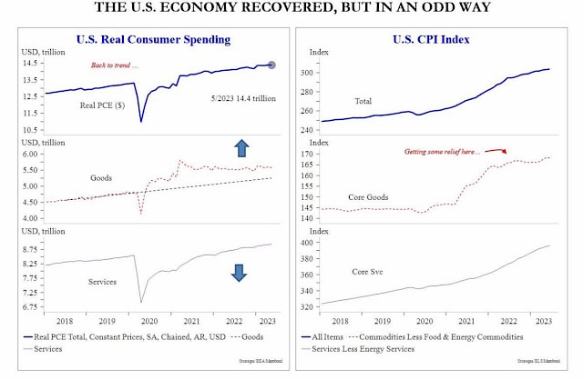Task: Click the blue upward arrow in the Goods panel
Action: (x=241, y=148)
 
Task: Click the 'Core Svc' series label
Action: (x=367, y=272)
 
